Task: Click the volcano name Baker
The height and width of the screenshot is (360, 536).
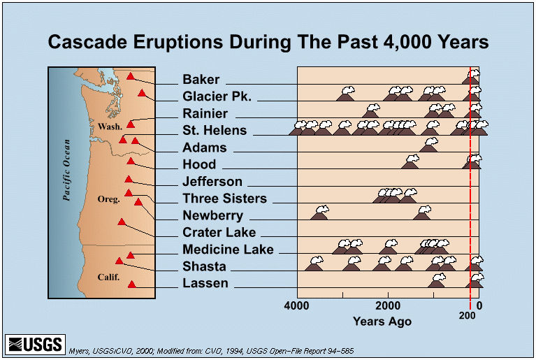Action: (201, 80)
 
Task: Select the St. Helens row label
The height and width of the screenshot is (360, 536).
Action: (214, 131)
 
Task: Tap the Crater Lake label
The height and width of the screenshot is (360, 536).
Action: (219, 233)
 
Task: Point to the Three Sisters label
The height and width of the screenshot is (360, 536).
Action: (224, 199)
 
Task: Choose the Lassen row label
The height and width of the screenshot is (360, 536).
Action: (205, 283)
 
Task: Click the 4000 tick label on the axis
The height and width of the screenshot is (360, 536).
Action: (298, 305)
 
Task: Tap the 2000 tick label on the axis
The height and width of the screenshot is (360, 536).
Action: (389, 305)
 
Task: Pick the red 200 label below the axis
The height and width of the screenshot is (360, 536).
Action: (468, 316)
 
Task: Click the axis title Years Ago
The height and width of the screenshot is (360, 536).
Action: (382, 322)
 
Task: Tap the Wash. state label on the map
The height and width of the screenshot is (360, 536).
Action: (110, 127)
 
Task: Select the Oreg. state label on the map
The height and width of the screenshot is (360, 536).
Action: (109, 199)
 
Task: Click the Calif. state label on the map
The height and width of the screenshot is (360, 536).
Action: (109, 278)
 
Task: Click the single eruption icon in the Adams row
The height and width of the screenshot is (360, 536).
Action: (428, 145)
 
